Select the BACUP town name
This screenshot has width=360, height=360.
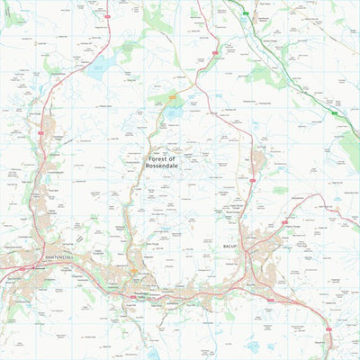(x=228, y=244)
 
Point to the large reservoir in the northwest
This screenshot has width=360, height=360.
(x=102, y=66)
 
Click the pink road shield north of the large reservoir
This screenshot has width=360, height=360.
(x=105, y=16)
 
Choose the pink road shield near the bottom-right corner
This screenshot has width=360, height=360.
(x=331, y=344)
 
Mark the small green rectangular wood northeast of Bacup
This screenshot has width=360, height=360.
(x=280, y=191)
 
